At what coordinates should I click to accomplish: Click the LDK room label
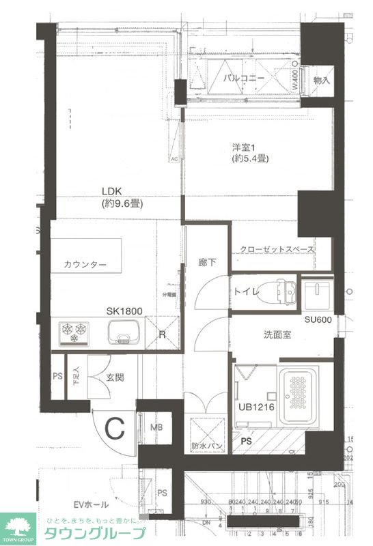tap(112, 192)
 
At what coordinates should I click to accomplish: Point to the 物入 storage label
tap(321, 80)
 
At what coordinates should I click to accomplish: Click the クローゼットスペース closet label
tap(277, 250)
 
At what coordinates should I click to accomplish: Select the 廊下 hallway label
tap(207, 261)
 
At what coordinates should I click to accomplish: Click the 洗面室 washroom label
tap(278, 335)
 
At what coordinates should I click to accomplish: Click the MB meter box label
tap(156, 427)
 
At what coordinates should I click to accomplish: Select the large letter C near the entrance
tap(115, 429)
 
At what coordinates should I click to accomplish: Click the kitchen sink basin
tap(124, 334)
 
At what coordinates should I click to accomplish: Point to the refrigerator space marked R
tap(162, 335)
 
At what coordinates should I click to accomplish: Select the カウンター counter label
tap(85, 265)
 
